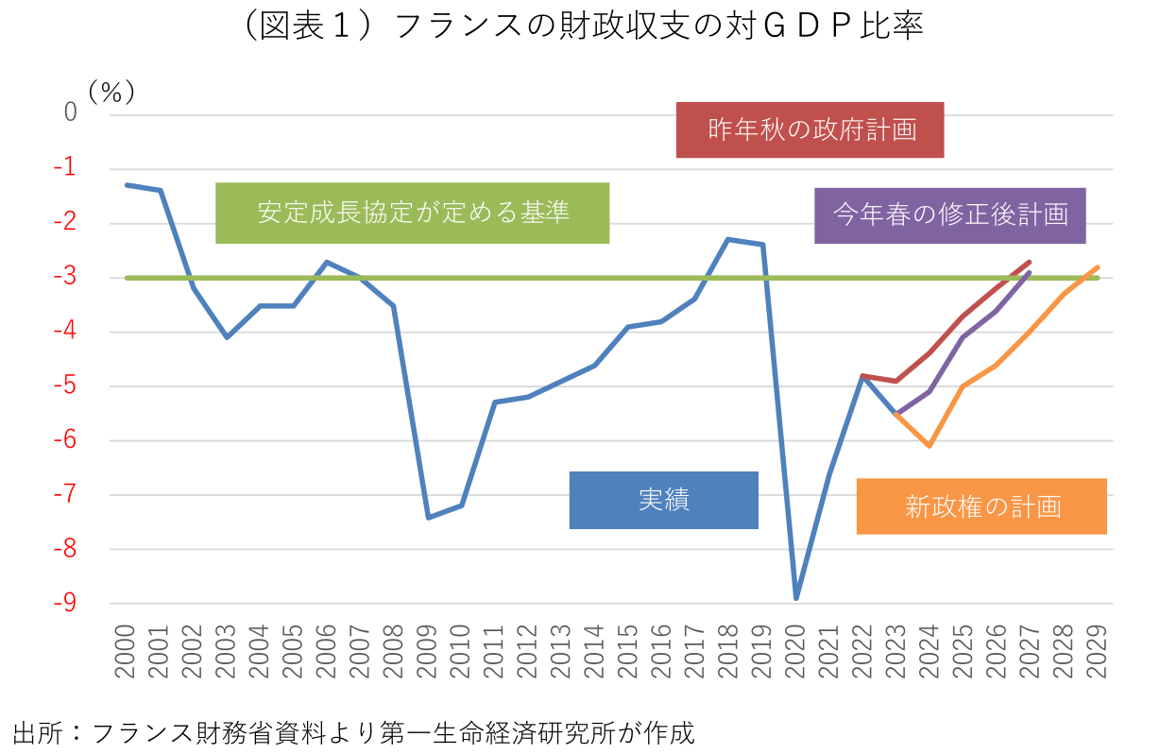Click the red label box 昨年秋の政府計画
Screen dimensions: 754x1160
tap(810, 129)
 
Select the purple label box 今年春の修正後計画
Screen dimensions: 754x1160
tap(949, 215)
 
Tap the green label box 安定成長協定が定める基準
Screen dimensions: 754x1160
tap(412, 213)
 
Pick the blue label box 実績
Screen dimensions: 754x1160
tap(663, 500)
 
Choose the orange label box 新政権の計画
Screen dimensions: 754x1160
tap(981, 506)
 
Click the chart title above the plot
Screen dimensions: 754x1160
tap(579, 26)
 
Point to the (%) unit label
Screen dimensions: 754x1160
tap(111, 92)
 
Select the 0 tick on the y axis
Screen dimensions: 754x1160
tap(71, 113)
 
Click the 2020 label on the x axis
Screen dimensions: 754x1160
tap(796, 651)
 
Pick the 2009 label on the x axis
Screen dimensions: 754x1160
tap(428, 651)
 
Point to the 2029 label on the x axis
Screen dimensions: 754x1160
tap(1098, 651)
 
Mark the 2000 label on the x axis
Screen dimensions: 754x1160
tap(127, 651)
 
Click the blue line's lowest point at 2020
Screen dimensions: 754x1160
tap(796, 598)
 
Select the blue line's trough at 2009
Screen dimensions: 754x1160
tap(428, 517)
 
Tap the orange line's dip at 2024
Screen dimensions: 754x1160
tap(930, 445)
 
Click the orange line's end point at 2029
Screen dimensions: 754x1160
tap(1098, 267)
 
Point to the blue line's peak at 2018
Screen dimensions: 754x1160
tap(728, 239)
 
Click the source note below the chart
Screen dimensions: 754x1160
tap(353, 732)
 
